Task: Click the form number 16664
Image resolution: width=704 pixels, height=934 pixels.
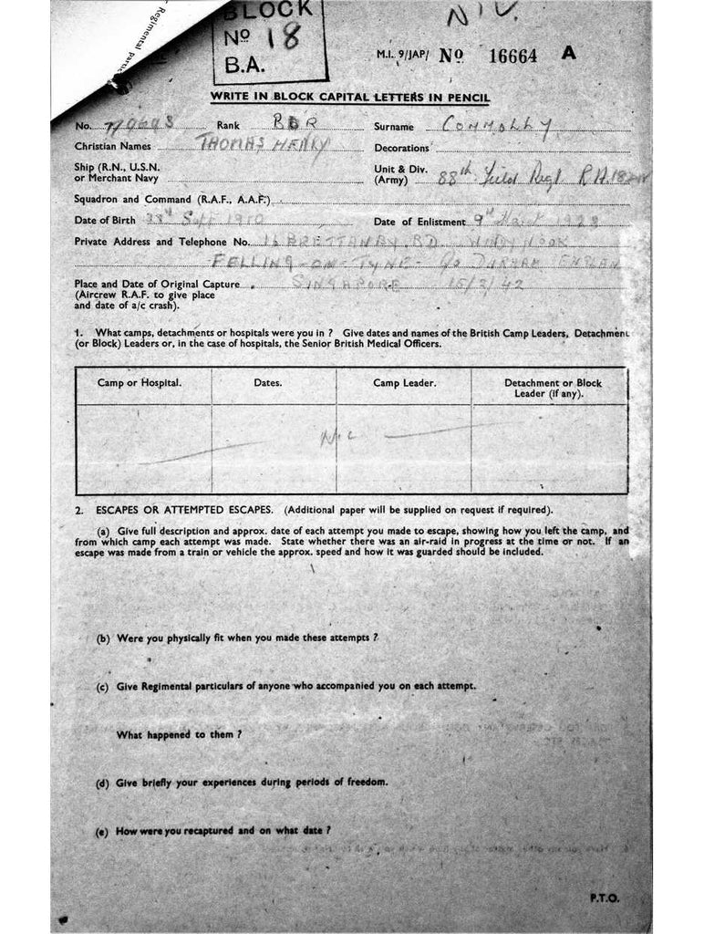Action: tap(513, 56)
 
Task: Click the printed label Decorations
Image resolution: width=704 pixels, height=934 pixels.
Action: tap(401, 149)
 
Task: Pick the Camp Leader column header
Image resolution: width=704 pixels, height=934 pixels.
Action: tap(404, 383)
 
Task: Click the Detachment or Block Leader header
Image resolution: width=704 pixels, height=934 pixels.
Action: tap(553, 389)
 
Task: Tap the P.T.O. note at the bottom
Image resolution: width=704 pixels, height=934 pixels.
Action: tap(604, 898)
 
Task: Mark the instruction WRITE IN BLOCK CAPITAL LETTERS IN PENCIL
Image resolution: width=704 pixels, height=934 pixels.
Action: tap(351, 97)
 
